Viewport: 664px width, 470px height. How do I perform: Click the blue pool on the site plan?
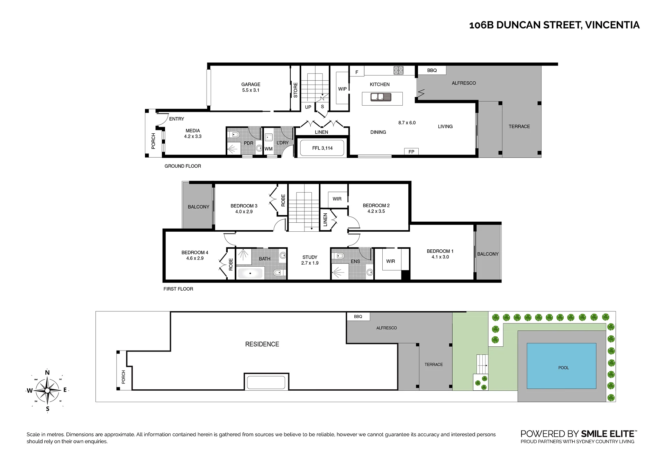pyautogui.click(x=561, y=366)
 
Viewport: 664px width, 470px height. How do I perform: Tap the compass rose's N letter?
pyautogui.click(x=47, y=373)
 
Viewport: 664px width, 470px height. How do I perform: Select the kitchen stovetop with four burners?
pyautogui.click(x=398, y=71)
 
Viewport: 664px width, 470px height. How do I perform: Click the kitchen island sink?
pyautogui.click(x=381, y=97)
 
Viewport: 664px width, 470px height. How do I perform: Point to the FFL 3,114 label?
pyautogui.click(x=322, y=148)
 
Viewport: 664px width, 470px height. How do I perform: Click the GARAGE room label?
pyautogui.click(x=251, y=84)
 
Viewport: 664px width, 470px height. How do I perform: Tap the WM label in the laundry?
pyautogui.click(x=269, y=149)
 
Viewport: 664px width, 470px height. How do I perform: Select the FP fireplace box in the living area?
pyautogui.click(x=411, y=152)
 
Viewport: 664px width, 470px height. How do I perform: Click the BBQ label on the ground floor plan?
pyautogui.click(x=432, y=70)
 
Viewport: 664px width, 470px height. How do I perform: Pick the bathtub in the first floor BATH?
pyautogui.click(x=250, y=273)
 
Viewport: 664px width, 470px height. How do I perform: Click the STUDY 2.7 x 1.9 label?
pyautogui.click(x=310, y=260)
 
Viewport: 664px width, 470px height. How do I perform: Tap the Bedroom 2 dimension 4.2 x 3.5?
pyautogui.click(x=376, y=211)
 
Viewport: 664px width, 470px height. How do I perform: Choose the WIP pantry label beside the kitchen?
pyautogui.click(x=342, y=89)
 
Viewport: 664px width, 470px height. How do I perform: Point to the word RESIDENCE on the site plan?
pyautogui.click(x=262, y=344)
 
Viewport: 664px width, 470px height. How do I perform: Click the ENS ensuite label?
pyautogui.click(x=355, y=261)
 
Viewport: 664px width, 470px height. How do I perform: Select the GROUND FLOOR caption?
pyautogui.click(x=183, y=166)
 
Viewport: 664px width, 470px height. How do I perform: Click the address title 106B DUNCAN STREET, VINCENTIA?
pyautogui.click(x=554, y=25)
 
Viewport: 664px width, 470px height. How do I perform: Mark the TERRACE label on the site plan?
pyautogui.click(x=434, y=364)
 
